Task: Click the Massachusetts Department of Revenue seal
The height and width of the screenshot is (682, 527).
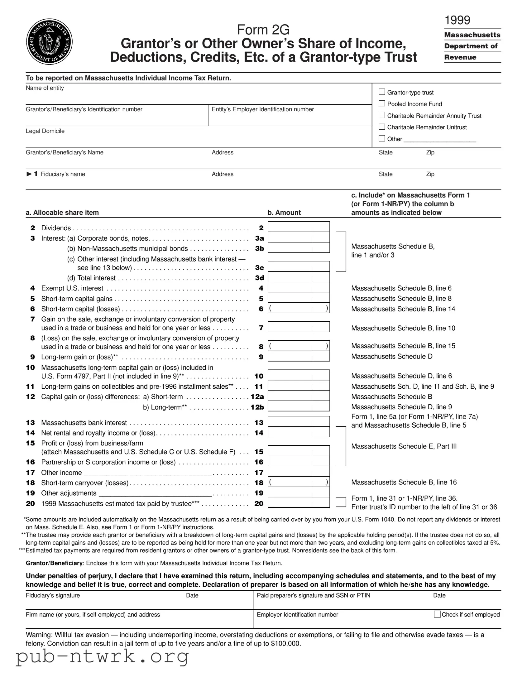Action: (x=49, y=41)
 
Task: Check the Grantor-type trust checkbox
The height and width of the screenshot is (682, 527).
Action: (x=381, y=92)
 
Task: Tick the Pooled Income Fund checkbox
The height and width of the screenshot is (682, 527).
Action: (x=381, y=103)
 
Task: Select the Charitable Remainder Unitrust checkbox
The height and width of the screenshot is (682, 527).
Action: (x=381, y=127)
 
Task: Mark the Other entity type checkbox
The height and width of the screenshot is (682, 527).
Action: (x=381, y=138)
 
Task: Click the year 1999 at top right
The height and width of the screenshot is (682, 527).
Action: (x=457, y=20)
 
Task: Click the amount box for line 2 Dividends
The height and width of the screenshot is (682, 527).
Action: (x=299, y=227)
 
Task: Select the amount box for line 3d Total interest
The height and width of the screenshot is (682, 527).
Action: (x=299, y=277)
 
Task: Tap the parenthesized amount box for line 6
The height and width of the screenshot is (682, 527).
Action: (x=299, y=309)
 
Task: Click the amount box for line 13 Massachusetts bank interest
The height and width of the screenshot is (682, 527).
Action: (x=299, y=422)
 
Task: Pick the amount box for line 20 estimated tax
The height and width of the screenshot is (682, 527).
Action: (x=299, y=503)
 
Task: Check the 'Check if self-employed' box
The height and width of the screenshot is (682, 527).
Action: (x=437, y=614)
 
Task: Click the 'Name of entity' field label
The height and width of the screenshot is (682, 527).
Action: (x=45, y=88)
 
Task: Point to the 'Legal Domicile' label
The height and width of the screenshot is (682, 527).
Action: (x=45, y=131)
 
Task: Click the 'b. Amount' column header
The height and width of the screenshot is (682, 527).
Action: (x=284, y=213)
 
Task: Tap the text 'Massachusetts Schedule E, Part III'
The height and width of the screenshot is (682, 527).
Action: (x=404, y=446)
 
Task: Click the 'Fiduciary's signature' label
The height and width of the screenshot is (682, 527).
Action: (x=53, y=595)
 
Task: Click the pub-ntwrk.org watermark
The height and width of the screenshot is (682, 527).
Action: (x=102, y=657)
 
